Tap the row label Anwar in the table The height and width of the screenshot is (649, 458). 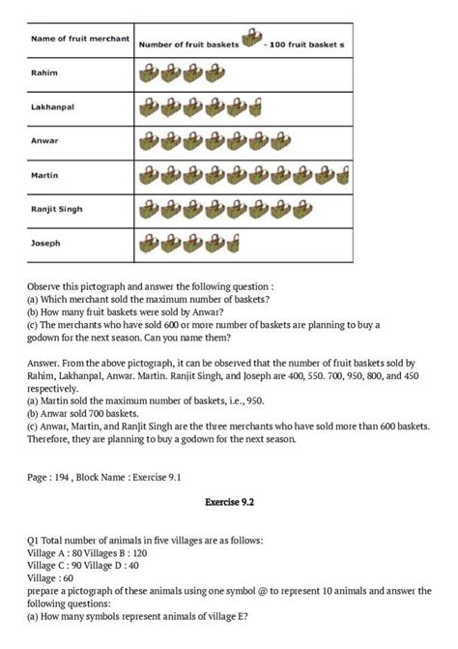(44, 140)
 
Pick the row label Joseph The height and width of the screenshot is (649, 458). (45, 243)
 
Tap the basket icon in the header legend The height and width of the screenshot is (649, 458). (251, 39)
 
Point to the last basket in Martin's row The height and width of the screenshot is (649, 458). (342, 176)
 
